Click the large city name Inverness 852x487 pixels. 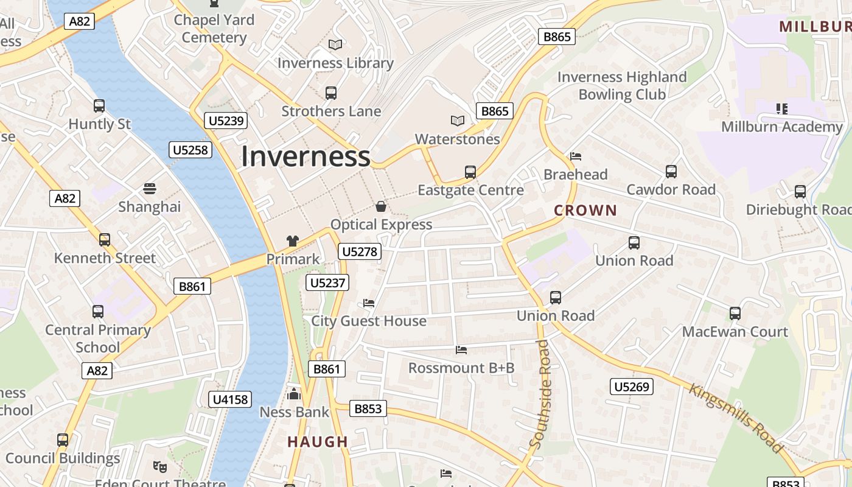[x=306, y=156]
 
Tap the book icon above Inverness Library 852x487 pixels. [x=335, y=44]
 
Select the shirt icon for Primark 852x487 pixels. [x=293, y=241]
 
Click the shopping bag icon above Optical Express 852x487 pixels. [x=381, y=206]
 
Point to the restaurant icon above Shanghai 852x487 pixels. [x=150, y=189]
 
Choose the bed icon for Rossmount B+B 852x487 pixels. [x=461, y=350]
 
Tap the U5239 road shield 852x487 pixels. [x=226, y=121]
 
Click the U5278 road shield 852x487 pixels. [x=360, y=251]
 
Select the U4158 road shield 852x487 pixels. [x=229, y=399]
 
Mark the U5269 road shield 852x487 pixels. [x=632, y=387]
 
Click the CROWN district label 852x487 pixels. [x=585, y=211]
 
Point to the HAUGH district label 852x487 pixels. [x=318, y=442]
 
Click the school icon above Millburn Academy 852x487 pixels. [x=782, y=109]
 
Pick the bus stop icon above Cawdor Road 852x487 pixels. [x=671, y=172]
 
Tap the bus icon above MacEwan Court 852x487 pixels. [x=735, y=314]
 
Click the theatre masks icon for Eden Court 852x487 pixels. [x=160, y=467]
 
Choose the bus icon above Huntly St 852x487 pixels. [x=99, y=106]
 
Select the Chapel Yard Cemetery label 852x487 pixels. [x=214, y=29]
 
